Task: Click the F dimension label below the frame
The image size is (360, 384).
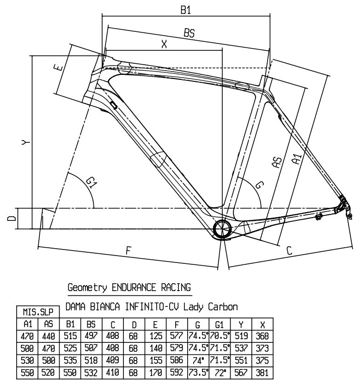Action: pyautogui.click(x=129, y=250)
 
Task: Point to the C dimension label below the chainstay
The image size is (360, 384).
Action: pyautogui.click(x=289, y=251)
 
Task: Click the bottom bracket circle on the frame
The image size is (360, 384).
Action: pyautogui.click(x=223, y=228)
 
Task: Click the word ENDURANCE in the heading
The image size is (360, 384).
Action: pyautogui.click(x=122, y=287)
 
